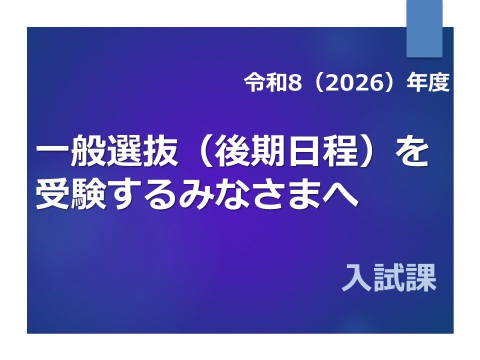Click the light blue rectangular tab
[x=424, y=28]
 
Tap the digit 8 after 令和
[x=295, y=83]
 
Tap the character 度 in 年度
[x=438, y=82]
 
